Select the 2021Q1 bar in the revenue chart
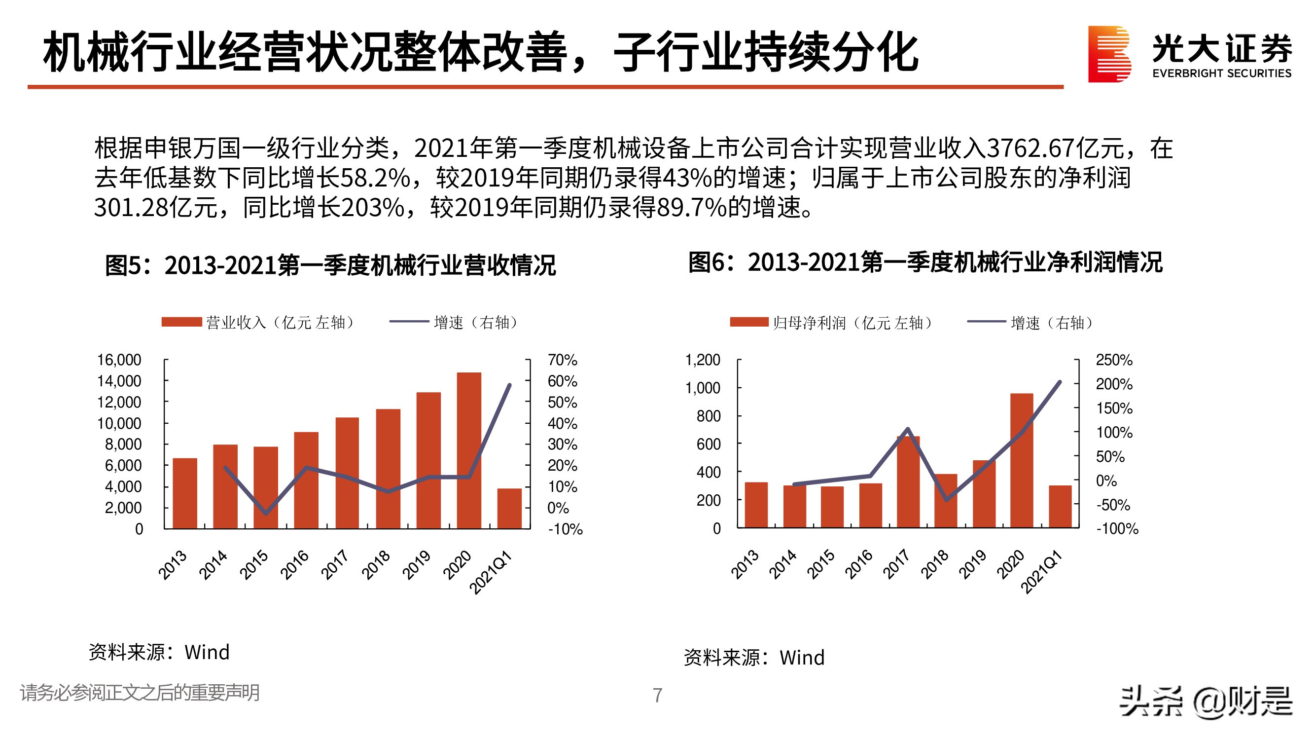[x=509, y=509]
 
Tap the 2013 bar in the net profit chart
[x=756, y=505]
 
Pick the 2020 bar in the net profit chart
[x=1022, y=460]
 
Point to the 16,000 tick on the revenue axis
[x=119, y=360]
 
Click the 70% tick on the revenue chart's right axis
[x=562, y=360]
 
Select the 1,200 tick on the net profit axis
[x=703, y=360]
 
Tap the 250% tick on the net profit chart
[x=1114, y=360]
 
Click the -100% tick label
[x=1117, y=528]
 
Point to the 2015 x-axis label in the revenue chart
[x=254, y=564]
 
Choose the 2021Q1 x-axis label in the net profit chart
[x=1041, y=572]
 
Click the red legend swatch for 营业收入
[x=182, y=322]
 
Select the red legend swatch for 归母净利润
[x=749, y=322]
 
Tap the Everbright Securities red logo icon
[x=1109, y=54]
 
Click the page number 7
[x=658, y=696]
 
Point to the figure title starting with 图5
[x=330, y=265]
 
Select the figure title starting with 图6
[x=925, y=262]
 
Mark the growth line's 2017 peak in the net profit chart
[x=908, y=429]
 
